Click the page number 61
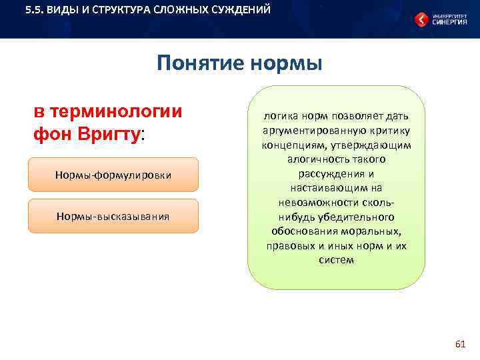459,344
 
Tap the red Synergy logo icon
421,20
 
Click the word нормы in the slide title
286,63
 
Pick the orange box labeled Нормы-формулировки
113,175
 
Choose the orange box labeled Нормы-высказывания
113,216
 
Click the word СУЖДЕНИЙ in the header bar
240,11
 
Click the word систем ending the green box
336,260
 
